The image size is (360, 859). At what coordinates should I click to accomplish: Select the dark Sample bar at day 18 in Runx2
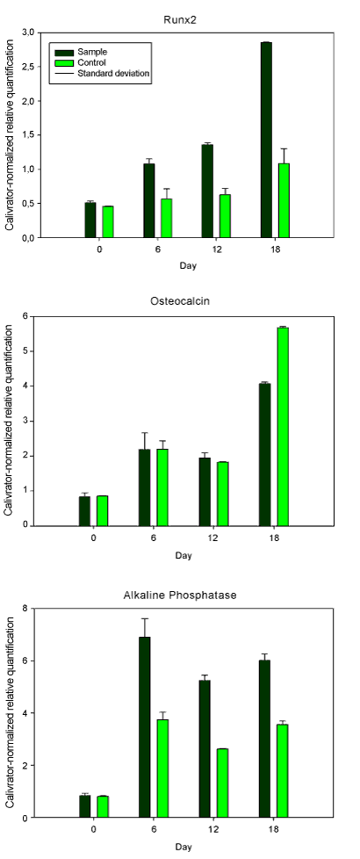tap(266, 140)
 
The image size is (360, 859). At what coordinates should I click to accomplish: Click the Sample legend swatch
tap(64, 52)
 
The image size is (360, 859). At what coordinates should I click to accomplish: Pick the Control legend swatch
tap(64, 62)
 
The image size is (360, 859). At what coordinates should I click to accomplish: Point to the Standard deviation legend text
tap(113, 73)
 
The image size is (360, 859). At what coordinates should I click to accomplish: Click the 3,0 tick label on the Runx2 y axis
tap(26, 32)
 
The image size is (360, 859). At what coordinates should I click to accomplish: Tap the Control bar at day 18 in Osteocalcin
tap(283, 427)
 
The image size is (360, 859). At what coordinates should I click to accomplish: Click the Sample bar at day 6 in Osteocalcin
tap(144, 487)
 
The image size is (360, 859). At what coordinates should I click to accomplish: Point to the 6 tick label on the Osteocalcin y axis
tap(24, 315)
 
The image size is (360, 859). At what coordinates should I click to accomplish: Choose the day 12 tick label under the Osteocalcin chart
tap(212, 538)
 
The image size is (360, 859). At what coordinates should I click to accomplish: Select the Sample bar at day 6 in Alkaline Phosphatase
tap(144, 727)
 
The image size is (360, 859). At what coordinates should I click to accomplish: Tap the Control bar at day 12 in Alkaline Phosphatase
tap(222, 783)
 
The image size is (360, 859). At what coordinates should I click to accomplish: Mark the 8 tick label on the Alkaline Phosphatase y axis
tap(24, 608)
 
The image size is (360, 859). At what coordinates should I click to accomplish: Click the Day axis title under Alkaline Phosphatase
tap(184, 847)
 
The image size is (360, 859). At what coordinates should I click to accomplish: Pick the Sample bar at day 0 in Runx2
tap(90, 220)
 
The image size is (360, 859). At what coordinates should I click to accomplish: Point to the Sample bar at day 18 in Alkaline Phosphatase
tap(264, 739)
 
